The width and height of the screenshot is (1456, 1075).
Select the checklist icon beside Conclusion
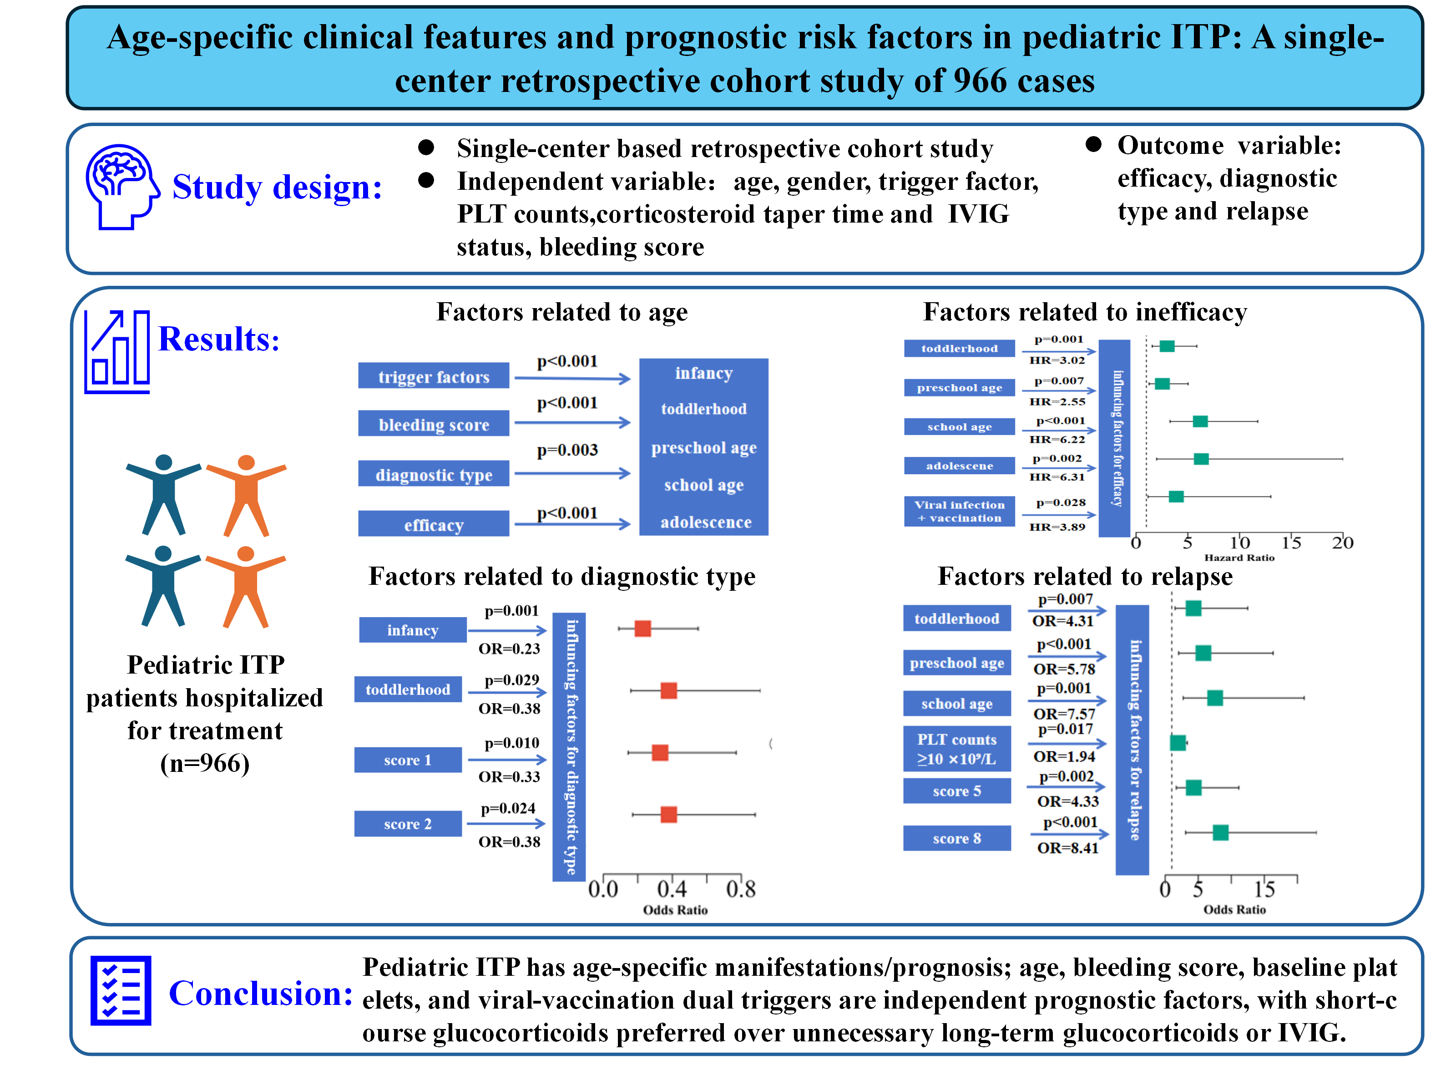[x=121, y=990]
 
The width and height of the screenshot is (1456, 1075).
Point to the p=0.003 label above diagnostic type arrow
[x=567, y=450]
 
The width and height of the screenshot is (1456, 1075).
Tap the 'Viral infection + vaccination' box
[x=960, y=511]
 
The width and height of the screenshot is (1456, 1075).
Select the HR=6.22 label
[x=1057, y=439]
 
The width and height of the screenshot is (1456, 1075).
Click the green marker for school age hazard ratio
[x=1200, y=421]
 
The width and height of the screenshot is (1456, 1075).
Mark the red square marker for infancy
[x=643, y=629]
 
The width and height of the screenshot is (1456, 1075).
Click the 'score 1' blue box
[x=408, y=760]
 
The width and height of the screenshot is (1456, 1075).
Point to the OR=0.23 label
[x=510, y=649]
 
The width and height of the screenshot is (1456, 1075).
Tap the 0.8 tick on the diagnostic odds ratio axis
[x=741, y=889]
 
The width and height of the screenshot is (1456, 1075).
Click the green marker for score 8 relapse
[x=1220, y=832]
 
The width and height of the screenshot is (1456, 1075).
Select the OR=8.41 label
[x=1067, y=848]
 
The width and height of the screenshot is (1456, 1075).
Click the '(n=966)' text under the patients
[x=205, y=763]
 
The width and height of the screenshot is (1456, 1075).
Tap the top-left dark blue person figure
[x=163, y=495]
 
